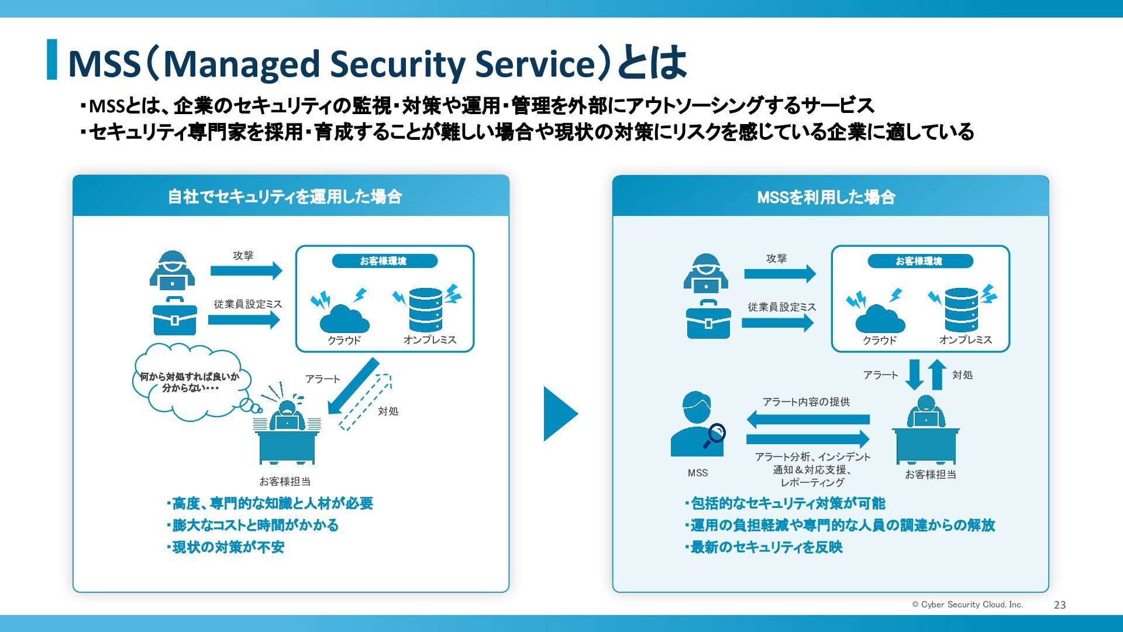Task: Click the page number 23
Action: click(x=1060, y=605)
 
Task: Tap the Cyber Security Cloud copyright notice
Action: click(x=967, y=604)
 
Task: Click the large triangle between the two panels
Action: click(x=561, y=414)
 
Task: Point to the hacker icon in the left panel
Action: click(x=172, y=272)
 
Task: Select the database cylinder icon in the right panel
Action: click(x=961, y=310)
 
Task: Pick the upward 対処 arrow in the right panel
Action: click(x=937, y=375)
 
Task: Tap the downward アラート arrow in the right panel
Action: click(x=914, y=375)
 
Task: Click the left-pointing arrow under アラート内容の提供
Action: click(x=808, y=419)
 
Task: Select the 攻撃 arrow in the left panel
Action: click(x=246, y=270)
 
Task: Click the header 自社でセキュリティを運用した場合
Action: click(x=285, y=197)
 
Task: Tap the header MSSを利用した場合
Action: click(x=826, y=197)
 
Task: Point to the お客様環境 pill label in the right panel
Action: click(x=921, y=261)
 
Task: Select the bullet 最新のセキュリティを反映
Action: click(x=764, y=547)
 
